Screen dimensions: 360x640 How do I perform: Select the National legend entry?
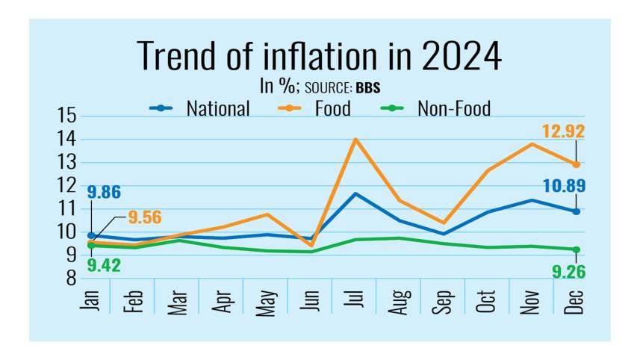point(217,109)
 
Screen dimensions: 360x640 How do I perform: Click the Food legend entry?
point(334,109)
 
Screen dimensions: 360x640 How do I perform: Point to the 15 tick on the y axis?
point(67,117)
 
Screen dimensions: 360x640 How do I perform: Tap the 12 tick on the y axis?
point(67,186)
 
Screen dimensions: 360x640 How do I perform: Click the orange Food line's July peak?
point(355,139)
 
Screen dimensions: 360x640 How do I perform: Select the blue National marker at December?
point(576,211)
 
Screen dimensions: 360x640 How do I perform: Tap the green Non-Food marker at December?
point(576,249)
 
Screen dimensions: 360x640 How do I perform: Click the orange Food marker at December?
point(576,164)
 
